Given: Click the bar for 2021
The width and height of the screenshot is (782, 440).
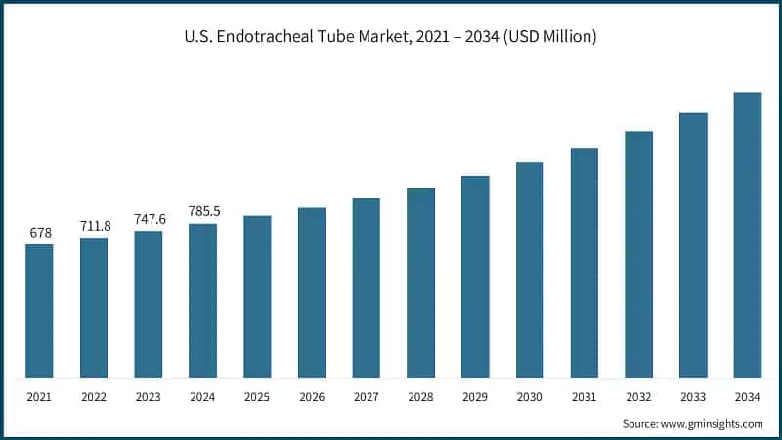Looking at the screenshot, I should (39, 311).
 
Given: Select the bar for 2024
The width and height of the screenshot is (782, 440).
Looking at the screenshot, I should (203, 300).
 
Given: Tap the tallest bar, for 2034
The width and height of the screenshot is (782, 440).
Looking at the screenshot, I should (748, 235).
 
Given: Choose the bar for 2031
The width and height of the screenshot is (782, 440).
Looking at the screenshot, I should (585, 263).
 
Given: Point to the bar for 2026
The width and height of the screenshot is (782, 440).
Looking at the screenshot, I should (312, 292).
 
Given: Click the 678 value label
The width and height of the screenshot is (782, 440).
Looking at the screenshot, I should (39, 233).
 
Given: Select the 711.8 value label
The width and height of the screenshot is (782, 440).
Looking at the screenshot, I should (94, 226).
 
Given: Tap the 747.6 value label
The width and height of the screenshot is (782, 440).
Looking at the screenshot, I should (149, 219).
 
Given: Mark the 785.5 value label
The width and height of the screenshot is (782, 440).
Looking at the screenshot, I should (203, 211).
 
